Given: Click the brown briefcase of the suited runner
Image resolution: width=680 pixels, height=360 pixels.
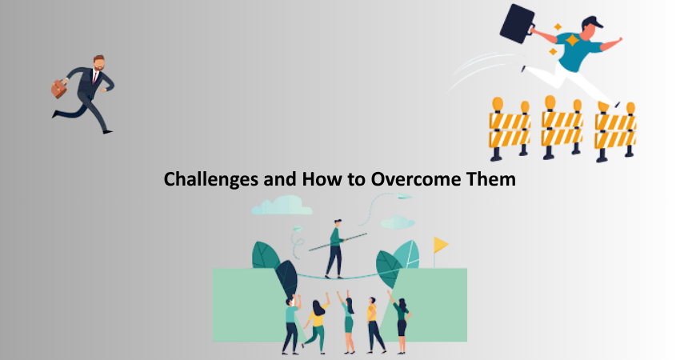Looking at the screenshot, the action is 58,89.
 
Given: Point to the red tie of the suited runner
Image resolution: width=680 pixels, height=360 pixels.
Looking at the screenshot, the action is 94,77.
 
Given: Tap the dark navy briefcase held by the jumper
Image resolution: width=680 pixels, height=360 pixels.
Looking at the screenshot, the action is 518,24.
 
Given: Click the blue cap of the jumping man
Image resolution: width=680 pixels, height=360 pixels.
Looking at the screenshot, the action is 593,22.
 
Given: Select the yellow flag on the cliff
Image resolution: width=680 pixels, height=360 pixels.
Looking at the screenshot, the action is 441,245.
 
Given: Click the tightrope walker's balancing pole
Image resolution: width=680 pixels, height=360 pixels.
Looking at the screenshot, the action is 338,242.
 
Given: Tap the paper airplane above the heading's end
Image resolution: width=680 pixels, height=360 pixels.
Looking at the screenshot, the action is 405,197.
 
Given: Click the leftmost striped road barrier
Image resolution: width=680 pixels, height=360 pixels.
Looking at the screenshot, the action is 510,129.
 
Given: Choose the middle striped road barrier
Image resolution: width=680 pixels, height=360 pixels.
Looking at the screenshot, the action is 562,127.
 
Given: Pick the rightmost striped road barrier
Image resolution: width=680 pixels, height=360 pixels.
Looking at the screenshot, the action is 615,131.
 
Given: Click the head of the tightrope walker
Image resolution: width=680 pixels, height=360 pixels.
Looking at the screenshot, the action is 338,223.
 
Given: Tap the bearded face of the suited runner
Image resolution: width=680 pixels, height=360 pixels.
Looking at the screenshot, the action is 99,63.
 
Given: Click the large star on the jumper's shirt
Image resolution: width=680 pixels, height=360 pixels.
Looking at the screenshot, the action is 572,41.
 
